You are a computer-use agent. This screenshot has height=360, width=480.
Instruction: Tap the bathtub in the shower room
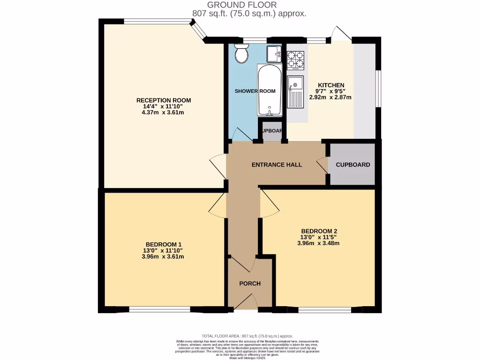pos(269,90)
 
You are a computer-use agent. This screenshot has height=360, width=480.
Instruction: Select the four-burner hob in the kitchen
pos(295,60)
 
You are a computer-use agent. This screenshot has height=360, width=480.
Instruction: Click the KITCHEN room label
pos(330,85)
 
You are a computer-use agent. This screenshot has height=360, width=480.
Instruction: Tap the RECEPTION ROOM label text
pos(164,100)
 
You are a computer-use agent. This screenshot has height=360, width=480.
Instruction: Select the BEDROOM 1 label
pos(164,244)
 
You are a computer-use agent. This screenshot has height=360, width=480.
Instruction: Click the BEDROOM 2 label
pos(319,231)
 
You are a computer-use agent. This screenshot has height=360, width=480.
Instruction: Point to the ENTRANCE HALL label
pos(277,165)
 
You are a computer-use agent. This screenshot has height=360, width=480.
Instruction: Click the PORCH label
pos(249,284)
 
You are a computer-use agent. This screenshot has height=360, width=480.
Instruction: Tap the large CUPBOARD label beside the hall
pos(353,165)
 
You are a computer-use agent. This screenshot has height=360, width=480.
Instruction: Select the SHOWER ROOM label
pos(255,91)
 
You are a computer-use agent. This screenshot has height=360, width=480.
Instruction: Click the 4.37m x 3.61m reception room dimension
pos(164,112)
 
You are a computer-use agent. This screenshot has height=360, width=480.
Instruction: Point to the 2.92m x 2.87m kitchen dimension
pos(330,97)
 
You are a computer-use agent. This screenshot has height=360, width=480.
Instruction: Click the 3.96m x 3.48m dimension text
pos(319,243)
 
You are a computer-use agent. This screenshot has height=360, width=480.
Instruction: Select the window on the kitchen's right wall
pos(379,89)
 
